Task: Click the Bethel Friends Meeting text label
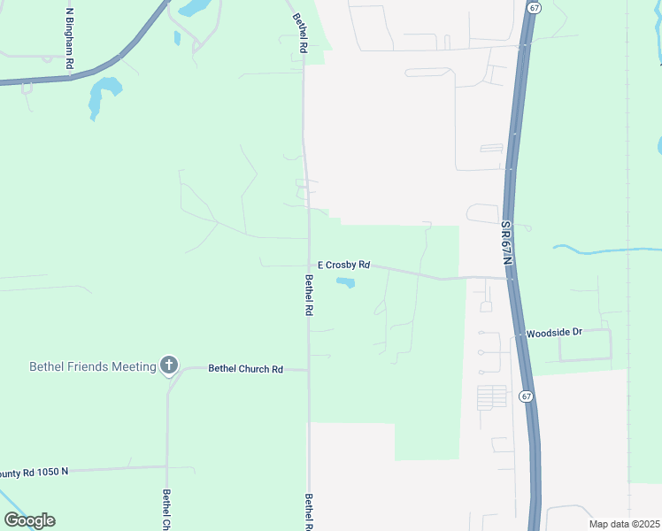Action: click(93, 366)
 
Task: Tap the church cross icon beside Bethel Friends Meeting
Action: click(168, 365)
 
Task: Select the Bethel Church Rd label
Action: click(245, 369)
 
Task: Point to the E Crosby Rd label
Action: click(343, 265)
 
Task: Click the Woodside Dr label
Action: click(554, 333)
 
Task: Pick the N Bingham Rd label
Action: click(69, 40)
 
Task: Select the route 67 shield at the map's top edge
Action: click(534, 6)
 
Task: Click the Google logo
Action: click(29, 520)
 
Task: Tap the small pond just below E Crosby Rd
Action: click(345, 283)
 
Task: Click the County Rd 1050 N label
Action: click(34, 473)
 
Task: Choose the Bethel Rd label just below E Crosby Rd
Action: click(309, 296)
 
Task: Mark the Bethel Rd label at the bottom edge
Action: click(309, 512)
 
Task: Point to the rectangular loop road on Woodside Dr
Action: click(584, 346)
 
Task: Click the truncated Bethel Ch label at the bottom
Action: click(166, 510)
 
